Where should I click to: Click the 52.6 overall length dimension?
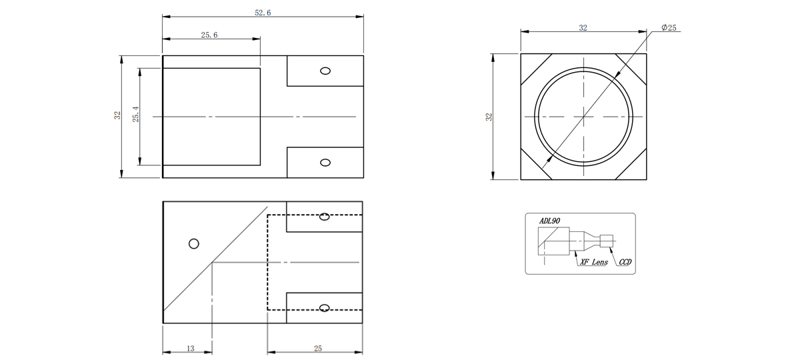click(x=263, y=13)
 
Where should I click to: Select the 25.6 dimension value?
click(x=209, y=35)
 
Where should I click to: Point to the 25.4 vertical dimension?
click(x=136, y=114)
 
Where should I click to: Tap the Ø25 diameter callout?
click(x=669, y=27)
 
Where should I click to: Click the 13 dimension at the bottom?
click(x=191, y=348)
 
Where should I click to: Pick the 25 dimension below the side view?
click(x=318, y=348)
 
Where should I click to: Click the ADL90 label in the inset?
click(x=549, y=221)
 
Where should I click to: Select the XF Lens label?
click(x=594, y=262)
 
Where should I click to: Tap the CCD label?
click(x=625, y=262)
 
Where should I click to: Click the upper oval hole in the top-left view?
click(x=325, y=71)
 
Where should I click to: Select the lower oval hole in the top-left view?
click(x=325, y=163)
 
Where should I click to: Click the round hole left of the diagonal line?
click(x=193, y=244)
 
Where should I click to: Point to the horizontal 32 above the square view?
click(x=583, y=28)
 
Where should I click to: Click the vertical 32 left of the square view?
click(x=489, y=117)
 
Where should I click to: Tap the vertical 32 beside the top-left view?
click(x=117, y=115)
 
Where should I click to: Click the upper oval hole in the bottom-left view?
click(x=324, y=217)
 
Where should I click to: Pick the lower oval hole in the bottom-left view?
click(x=324, y=308)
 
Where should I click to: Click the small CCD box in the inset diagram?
click(x=607, y=241)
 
